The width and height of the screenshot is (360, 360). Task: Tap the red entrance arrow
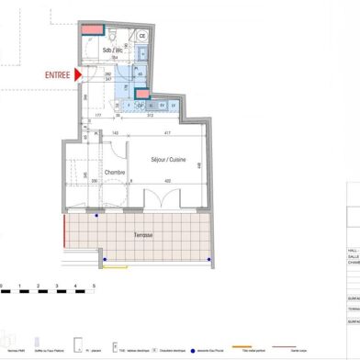click(81, 74)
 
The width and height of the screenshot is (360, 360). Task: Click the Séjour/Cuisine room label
click(170, 160)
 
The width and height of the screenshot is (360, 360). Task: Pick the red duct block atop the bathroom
click(93, 29)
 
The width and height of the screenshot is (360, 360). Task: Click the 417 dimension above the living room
click(166, 135)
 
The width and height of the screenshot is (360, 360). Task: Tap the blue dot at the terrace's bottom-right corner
click(210, 261)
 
